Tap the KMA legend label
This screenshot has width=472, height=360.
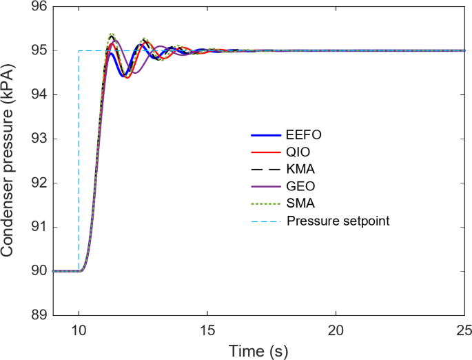(x=300, y=170)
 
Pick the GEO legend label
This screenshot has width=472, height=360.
(x=300, y=187)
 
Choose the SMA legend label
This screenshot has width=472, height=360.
(x=300, y=203)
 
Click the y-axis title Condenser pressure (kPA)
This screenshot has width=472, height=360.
(x=10, y=160)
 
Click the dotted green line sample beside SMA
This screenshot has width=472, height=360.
(x=265, y=203)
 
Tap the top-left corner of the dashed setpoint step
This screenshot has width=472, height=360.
(x=79, y=51)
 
